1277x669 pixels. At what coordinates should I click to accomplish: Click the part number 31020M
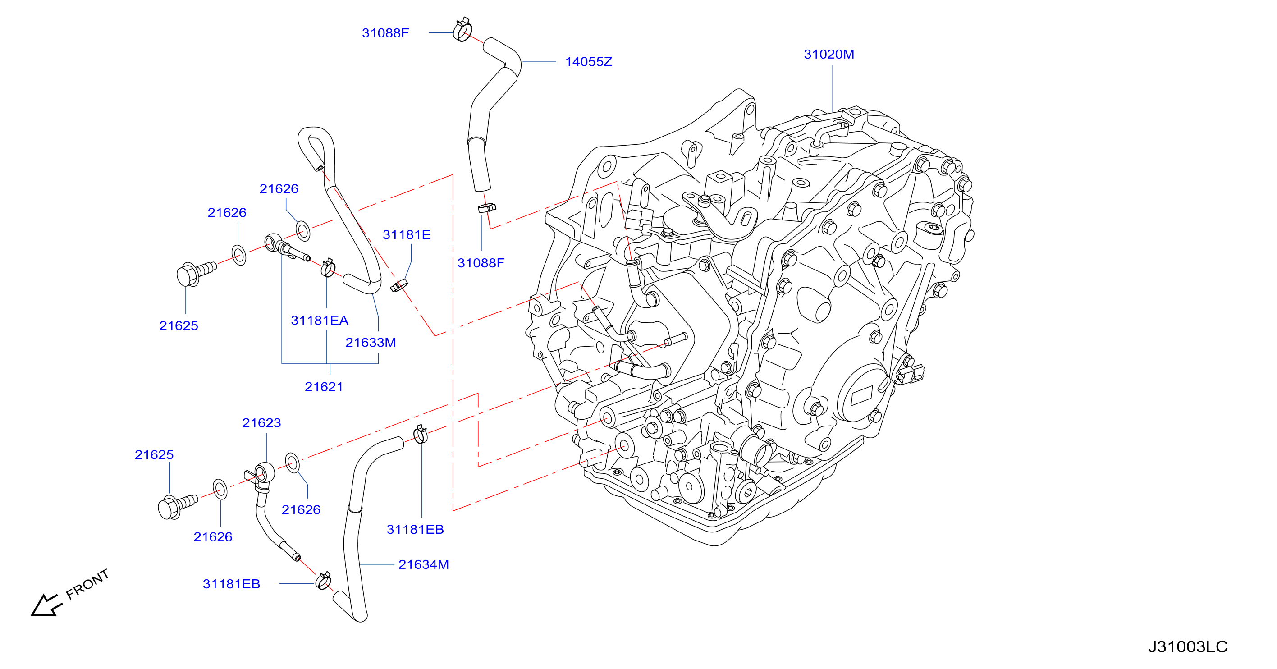829,55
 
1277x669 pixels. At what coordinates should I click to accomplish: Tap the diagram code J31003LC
1188,646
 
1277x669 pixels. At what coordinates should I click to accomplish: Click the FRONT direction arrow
46,605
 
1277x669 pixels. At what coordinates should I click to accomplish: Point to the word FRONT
87,584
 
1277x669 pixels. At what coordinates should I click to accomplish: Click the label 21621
324,387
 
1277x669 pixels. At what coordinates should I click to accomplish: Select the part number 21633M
371,343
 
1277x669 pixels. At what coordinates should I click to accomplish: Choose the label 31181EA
320,321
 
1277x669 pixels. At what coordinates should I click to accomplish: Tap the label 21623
261,423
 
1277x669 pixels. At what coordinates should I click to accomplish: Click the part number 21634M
424,565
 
